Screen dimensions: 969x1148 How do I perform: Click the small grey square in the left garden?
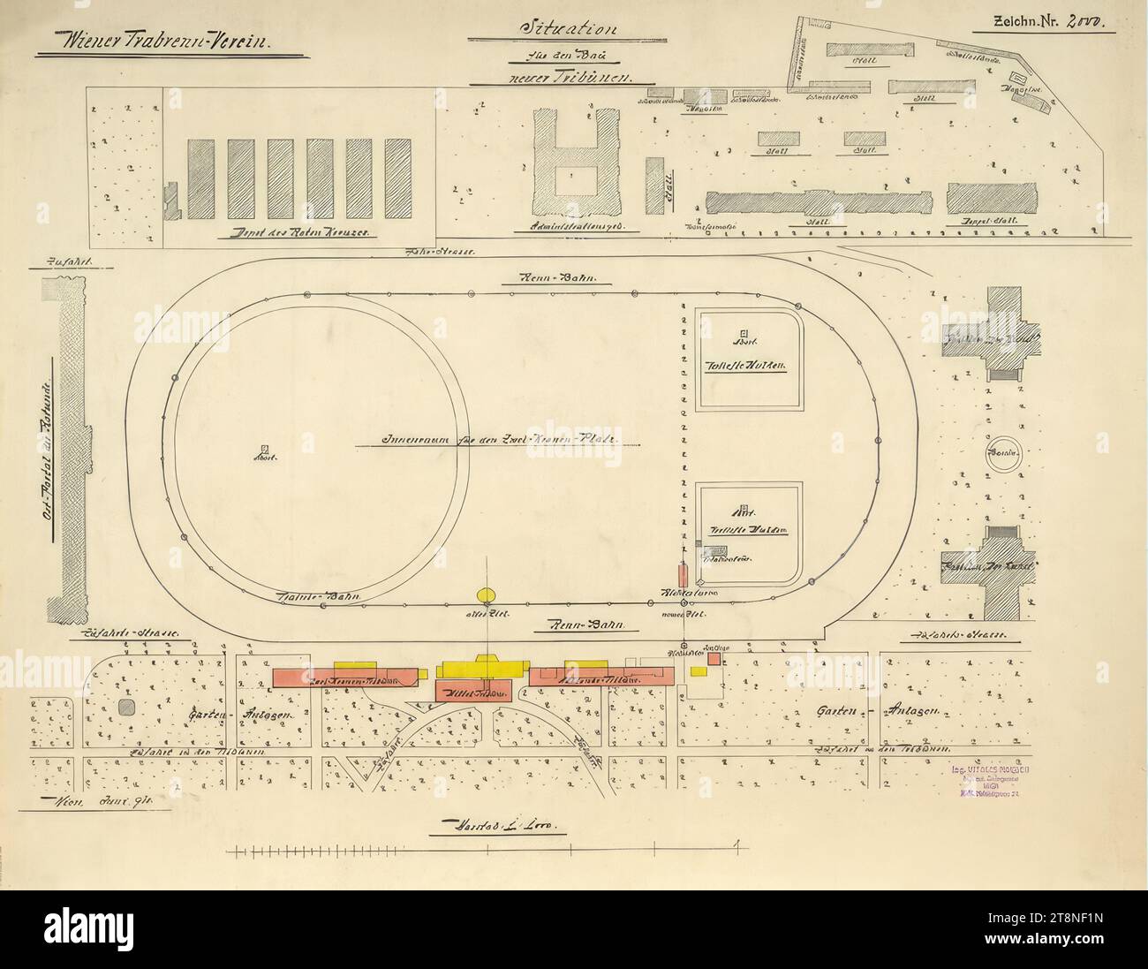[x=125, y=707]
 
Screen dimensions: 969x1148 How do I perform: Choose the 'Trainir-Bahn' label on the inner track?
[x=309, y=596]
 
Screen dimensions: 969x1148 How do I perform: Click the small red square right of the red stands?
[x=713, y=660]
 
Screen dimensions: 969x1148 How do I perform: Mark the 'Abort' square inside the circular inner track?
[x=264, y=449]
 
